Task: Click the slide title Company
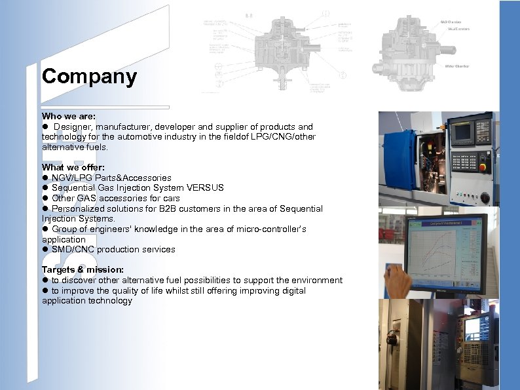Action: click(89, 76)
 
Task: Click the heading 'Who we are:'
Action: click(69, 116)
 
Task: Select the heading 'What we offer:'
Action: click(73, 167)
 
